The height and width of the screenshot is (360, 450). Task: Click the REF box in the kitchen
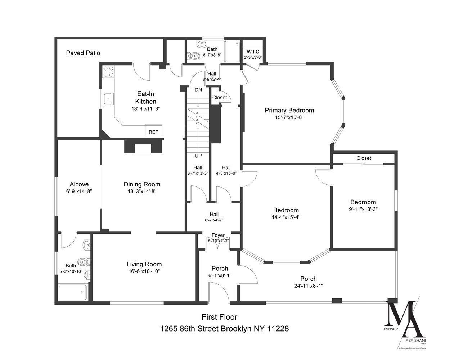pyautogui.click(x=153, y=132)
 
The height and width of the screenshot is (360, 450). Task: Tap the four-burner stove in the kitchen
pyautogui.click(x=108, y=71)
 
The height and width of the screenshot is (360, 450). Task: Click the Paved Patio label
pyautogui.click(x=83, y=53)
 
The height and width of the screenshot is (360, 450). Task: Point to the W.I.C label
pyautogui.click(x=253, y=52)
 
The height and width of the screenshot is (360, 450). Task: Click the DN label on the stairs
pyautogui.click(x=198, y=90)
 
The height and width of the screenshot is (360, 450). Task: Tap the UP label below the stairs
pyautogui.click(x=198, y=156)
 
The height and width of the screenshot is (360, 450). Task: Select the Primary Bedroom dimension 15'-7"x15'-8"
pyautogui.click(x=289, y=117)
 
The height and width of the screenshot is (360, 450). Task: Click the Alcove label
pyautogui.click(x=79, y=184)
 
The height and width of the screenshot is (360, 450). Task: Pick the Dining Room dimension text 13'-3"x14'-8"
pyautogui.click(x=142, y=192)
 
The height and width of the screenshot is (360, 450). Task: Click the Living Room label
pyautogui.click(x=144, y=264)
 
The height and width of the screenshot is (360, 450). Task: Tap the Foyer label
pyautogui.click(x=218, y=235)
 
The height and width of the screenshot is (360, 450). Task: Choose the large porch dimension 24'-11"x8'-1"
pyautogui.click(x=309, y=286)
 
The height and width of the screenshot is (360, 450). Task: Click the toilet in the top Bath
pyautogui.click(x=194, y=56)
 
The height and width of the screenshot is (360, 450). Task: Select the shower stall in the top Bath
pyautogui.click(x=232, y=52)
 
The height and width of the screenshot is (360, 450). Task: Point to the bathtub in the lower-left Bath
pyautogui.click(x=73, y=292)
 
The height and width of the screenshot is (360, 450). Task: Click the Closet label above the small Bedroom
pyautogui.click(x=364, y=158)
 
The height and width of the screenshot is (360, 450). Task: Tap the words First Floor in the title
pyautogui.click(x=219, y=317)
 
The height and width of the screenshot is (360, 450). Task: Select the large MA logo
pyautogui.click(x=404, y=318)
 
